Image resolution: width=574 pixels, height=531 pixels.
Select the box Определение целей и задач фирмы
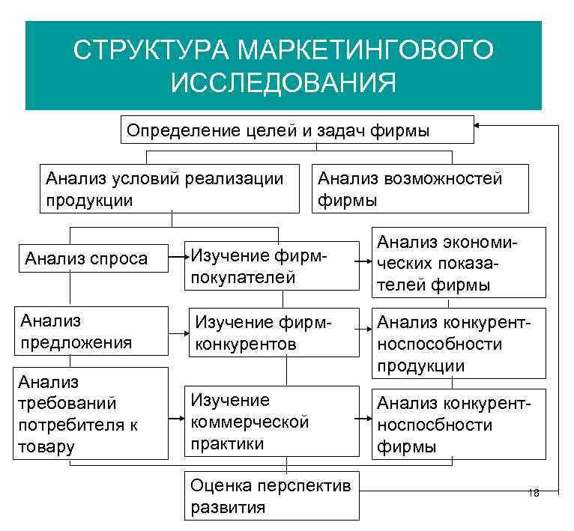tap(297, 130)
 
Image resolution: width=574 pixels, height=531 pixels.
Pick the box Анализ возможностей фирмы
tap(419, 189)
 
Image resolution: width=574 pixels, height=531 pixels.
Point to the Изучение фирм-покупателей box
tap(273, 265)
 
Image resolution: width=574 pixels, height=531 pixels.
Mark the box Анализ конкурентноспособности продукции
tap(459, 342)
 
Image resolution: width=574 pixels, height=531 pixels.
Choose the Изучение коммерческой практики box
tap(273, 422)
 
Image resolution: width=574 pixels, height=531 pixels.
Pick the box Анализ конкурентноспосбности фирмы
tap(459, 424)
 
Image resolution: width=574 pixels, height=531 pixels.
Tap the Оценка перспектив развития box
tap(271, 495)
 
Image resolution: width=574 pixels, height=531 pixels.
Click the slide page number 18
tap(534, 492)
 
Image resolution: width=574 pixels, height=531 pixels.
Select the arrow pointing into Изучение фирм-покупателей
tap(180, 258)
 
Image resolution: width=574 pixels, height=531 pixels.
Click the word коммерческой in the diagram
tap(250, 422)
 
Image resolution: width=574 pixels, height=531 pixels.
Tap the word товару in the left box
tap(46, 447)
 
